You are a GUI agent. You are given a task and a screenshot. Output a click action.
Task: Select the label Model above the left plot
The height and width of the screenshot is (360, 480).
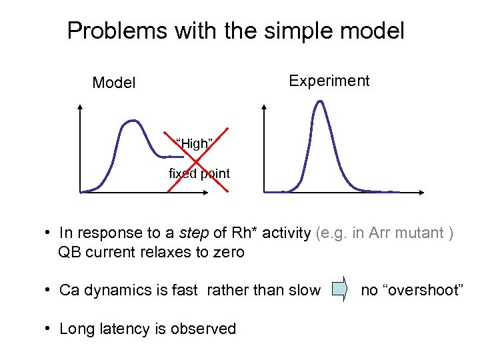pos(114,83)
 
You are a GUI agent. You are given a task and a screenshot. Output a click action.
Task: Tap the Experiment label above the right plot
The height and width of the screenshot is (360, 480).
pos(329,81)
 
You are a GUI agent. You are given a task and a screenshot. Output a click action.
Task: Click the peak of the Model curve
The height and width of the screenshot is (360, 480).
pos(133,121)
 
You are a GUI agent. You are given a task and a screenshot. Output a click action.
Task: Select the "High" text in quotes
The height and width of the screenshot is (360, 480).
pos(194,143)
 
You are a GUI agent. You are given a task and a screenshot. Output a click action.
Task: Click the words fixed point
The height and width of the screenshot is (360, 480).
pos(199,173)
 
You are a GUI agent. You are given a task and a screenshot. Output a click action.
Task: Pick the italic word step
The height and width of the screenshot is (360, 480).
pos(195,233)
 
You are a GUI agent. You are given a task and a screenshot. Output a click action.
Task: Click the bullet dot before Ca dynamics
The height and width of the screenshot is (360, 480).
pos(49,290)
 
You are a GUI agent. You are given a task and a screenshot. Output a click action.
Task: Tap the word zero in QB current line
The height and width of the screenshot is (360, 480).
pos(229,252)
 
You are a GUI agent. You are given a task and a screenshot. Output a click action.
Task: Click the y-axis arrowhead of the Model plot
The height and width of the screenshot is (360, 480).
pos(81,107)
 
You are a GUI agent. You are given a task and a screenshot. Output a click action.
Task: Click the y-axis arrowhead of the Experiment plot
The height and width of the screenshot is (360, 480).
pos(265,107)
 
